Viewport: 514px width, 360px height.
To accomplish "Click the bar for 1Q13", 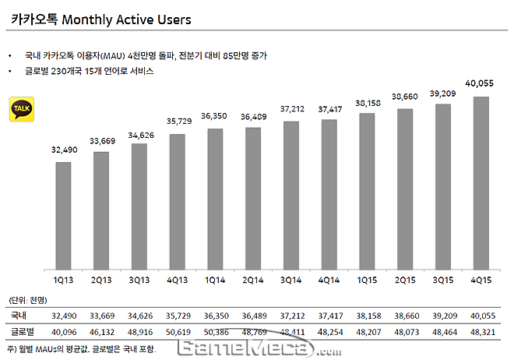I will (x=64, y=215).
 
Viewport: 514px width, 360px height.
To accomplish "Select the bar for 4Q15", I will (x=481, y=183).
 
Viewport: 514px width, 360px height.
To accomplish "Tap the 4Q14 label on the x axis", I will (x=329, y=278).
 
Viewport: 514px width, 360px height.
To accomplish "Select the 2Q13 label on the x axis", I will (x=101, y=278).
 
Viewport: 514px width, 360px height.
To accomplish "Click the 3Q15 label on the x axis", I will (x=443, y=278).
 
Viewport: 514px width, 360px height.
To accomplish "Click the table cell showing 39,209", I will (x=443, y=316).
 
